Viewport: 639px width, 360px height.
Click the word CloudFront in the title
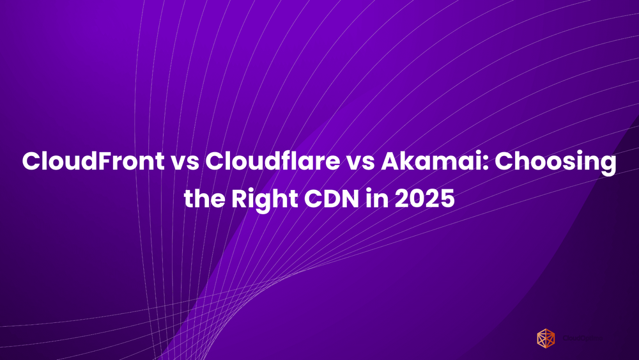tap(92, 162)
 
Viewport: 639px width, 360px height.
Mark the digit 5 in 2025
tap(447, 199)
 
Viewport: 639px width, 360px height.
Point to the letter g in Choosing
tap(608, 165)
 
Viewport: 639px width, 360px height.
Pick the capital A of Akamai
tap(392, 162)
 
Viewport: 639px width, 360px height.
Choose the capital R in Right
tap(240, 199)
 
